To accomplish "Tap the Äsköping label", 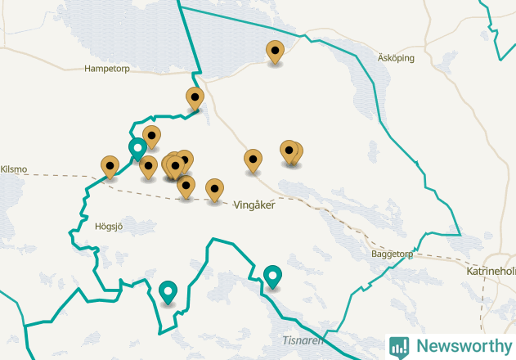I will (x=396, y=58).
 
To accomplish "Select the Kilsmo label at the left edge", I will (x=14, y=169).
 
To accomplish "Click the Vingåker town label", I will (x=254, y=205).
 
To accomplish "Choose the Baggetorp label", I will (x=392, y=254).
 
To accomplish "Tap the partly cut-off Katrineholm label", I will (x=491, y=271).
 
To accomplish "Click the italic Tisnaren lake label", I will (x=303, y=340).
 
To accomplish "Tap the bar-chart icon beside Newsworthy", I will (x=399, y=346).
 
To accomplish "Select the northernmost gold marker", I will (x=275, y=52).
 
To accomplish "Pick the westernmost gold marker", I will (x=110, y=167).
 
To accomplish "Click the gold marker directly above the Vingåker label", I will (x=254, y=160).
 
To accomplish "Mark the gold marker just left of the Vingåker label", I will (x=214, y=189).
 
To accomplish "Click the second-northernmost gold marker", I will (x=195, y=98).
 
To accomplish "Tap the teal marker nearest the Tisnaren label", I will (x=272, y=277).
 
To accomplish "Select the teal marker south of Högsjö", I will (x=168, y=291).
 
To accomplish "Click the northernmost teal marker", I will (x=138, y=149).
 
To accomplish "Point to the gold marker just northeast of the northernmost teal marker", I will (x=151, y=137).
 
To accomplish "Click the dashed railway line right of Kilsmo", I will (x=65, y=174).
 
